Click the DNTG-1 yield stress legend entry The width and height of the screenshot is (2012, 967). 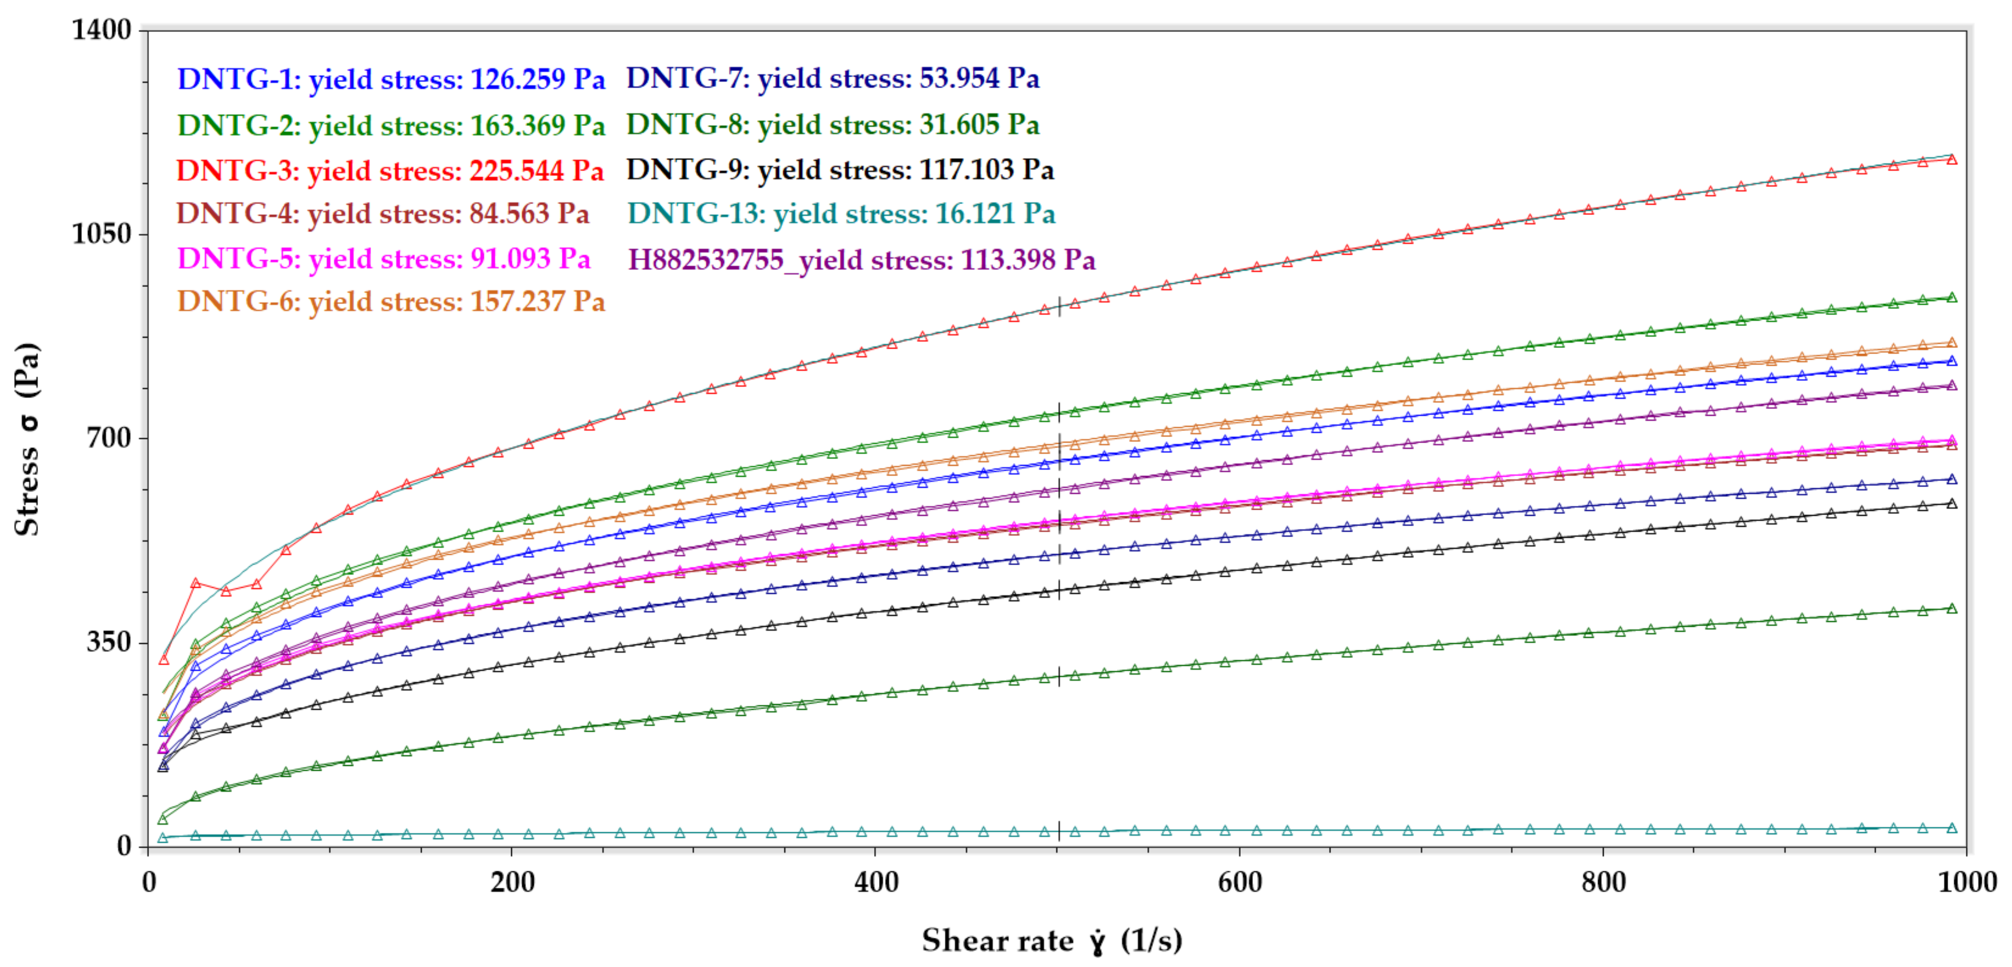click(x=390, y=79)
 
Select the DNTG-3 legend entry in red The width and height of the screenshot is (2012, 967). click(x=389, y=170)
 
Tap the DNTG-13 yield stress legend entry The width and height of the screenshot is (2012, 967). click(x=841, y=213)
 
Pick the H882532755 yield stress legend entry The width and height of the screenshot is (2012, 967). click(x=861, y=259)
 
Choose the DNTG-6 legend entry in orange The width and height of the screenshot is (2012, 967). click(x=390, y=301)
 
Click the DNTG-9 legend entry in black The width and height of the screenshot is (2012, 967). click(x=839, y=169)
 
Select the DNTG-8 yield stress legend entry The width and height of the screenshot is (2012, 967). click(x=833, y=124)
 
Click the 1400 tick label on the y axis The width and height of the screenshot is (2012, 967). click(x=102, y=30)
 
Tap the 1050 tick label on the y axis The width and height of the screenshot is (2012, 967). click(x=102, y=234)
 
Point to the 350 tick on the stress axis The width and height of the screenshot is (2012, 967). click(x=108, y=642)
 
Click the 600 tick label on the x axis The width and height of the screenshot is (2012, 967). click(x=1240, y=882)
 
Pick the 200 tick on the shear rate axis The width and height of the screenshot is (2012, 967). click(x=512, y=882)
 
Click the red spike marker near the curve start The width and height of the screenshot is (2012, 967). click(x=196, y=583)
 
